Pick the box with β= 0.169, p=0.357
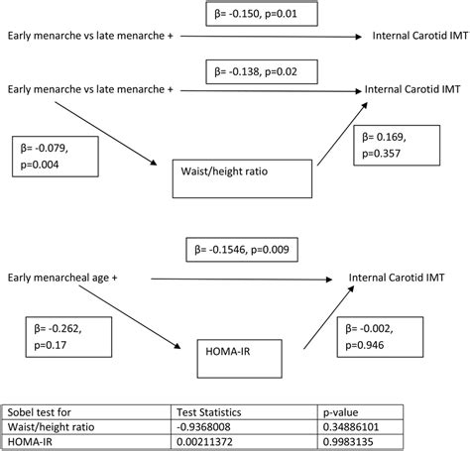(x=400, y=146)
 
